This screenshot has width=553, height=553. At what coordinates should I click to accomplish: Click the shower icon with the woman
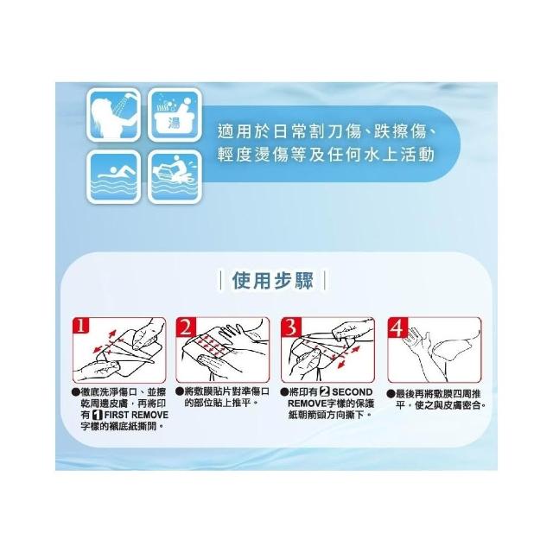(x=113, y=115)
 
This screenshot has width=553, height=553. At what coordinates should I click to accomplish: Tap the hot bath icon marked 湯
(x=175, y=115)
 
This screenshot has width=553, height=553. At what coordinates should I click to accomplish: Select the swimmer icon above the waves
(x=113, y=177)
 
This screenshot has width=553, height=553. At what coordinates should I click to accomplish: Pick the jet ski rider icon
(x=175, y=177)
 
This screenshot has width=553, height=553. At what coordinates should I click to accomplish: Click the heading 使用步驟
(x=273, y=281)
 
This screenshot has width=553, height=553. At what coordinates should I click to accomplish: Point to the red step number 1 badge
(x=81, y=326)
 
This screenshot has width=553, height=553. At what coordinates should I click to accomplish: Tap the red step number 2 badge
(x=186, y=327)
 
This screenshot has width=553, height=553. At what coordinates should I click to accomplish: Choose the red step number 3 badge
(x=291, y=327)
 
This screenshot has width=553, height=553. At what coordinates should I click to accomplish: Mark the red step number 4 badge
(x=397, y=327)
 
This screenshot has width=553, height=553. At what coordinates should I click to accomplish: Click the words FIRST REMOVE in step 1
(x=137, y=415)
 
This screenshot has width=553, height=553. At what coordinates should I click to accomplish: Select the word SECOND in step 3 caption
(x=352, y=392)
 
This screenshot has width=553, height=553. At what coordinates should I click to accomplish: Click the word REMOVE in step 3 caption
(x=305, y=404)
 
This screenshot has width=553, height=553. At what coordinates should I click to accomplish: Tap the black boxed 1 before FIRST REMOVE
(x=97, y=415)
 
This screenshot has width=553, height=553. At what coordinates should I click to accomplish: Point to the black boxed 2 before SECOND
(x=325, y=392)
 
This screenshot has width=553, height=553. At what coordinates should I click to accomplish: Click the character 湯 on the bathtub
(x=174, y=123)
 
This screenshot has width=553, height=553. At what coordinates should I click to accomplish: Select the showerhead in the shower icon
(x=129, y=95)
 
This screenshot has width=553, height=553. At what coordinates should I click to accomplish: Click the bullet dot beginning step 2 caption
(x=180, y=391)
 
